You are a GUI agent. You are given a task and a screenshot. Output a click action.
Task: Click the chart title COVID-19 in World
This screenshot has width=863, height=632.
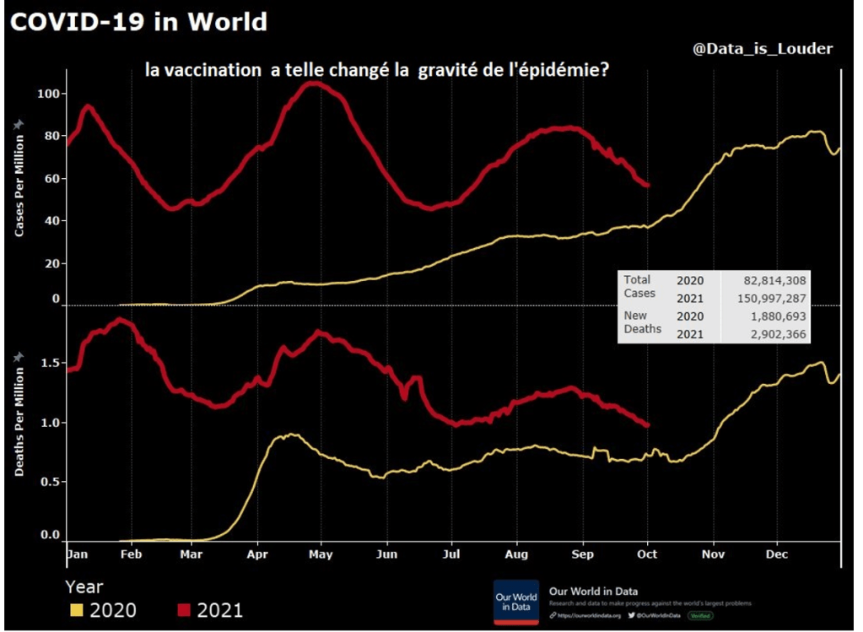(138, 21)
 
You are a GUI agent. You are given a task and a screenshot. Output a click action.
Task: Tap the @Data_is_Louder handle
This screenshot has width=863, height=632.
(763, 49)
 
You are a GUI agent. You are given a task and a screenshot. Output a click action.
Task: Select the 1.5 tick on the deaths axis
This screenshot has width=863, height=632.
(49, 363)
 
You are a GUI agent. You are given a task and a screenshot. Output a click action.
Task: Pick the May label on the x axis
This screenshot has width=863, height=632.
(321, 554)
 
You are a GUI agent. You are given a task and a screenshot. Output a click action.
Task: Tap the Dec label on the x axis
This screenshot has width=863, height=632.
(777, 554)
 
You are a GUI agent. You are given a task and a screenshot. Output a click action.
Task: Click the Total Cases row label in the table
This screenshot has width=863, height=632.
(639, 286)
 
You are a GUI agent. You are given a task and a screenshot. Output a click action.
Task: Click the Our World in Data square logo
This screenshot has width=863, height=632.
(515, 602)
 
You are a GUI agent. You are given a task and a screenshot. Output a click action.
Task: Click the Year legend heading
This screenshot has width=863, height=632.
(84, 586)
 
